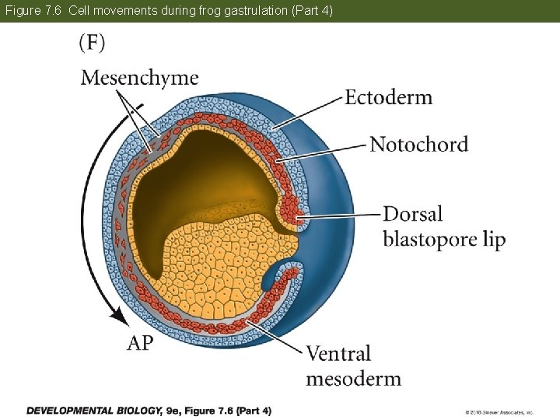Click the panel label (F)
point(92,43)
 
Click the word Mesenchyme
point(139,78)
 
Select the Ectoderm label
point(388,97)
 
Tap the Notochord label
point(418,144)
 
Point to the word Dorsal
point(413,214)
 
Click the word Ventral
point(338,354)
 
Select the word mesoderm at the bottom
point(353,379)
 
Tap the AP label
point(140,343)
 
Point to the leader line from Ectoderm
point(308,111)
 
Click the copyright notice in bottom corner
point(499,411)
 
